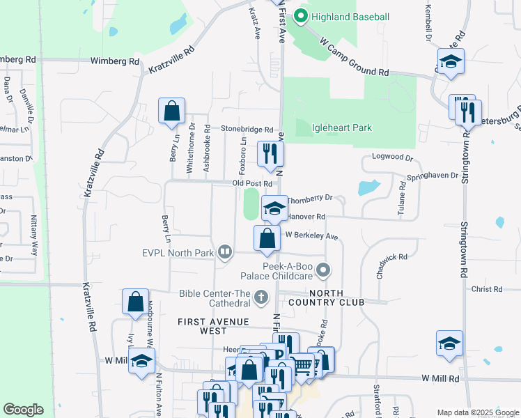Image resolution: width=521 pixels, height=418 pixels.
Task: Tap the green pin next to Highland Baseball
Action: pos(302,15)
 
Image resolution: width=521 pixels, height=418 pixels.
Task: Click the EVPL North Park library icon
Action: pos(225,251)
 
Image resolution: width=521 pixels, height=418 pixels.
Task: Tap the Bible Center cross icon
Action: pos(261,297)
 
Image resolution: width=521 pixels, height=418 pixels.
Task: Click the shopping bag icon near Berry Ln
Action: pos(171,111)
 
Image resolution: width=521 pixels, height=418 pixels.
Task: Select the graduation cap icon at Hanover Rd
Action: pos(274,208)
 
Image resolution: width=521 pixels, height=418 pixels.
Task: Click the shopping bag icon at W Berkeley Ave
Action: pos(267,238)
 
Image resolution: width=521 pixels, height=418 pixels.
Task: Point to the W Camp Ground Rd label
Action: pos(354,57)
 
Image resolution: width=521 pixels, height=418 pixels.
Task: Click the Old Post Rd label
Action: pos(251,183)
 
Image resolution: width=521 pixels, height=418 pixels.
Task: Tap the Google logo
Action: pos(23,410)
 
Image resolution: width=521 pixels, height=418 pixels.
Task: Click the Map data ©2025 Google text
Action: pos(478,412)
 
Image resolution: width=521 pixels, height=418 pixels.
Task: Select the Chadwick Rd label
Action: pos(391,265)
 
